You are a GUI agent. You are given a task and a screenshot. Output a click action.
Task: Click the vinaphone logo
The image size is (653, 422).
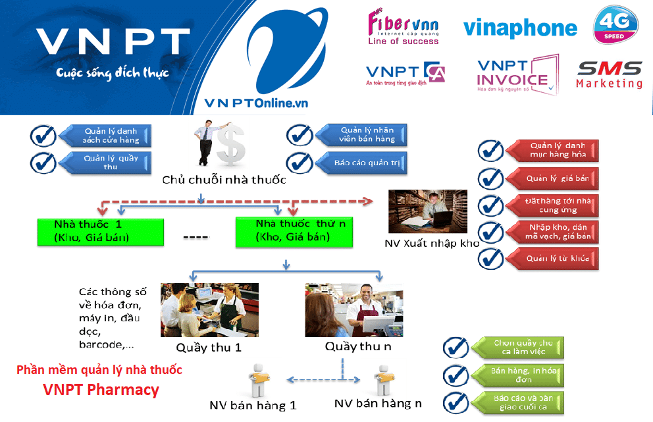(x=520, y=28)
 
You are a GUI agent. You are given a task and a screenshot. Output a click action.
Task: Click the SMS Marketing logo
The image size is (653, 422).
(x=609, y=74)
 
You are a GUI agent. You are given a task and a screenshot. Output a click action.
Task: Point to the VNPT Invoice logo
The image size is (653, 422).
(x=517, y=75)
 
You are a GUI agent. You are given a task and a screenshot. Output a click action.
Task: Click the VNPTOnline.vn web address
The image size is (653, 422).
(x=256, y=103)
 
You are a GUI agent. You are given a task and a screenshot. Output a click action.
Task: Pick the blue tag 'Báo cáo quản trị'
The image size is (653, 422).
(x=361, y=162)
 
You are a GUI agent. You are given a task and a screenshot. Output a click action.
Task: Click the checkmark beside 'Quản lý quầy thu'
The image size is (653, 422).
(x=43, y=162)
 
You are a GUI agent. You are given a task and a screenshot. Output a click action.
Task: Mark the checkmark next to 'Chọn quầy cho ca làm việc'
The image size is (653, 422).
(x=456, y=348)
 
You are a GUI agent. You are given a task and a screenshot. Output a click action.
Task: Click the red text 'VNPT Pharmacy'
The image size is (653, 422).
(x=101, y=390)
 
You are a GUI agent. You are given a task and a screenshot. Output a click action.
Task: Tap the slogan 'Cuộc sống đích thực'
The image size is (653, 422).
(x=112, y=72)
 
